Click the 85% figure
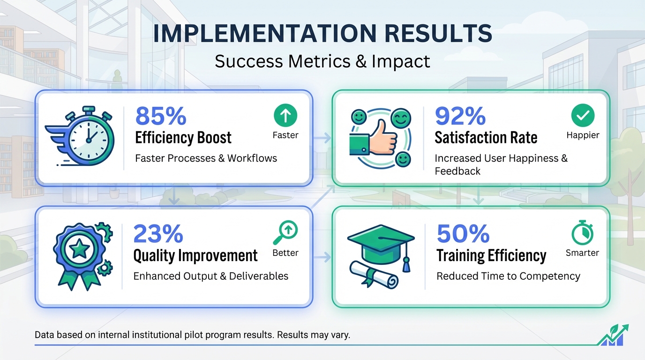pos(161,116)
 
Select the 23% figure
pos(158,233)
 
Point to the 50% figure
pos(463,233)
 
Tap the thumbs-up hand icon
pos(375,136)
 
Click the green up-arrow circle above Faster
pos(285,115)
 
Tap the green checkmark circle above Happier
pos(583,115)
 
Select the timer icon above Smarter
pos(582,233)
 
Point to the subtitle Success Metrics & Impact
pos(322,61)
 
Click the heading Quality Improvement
pos(195,256)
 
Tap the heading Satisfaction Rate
pos(486,138)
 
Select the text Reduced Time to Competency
pos(508,276)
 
